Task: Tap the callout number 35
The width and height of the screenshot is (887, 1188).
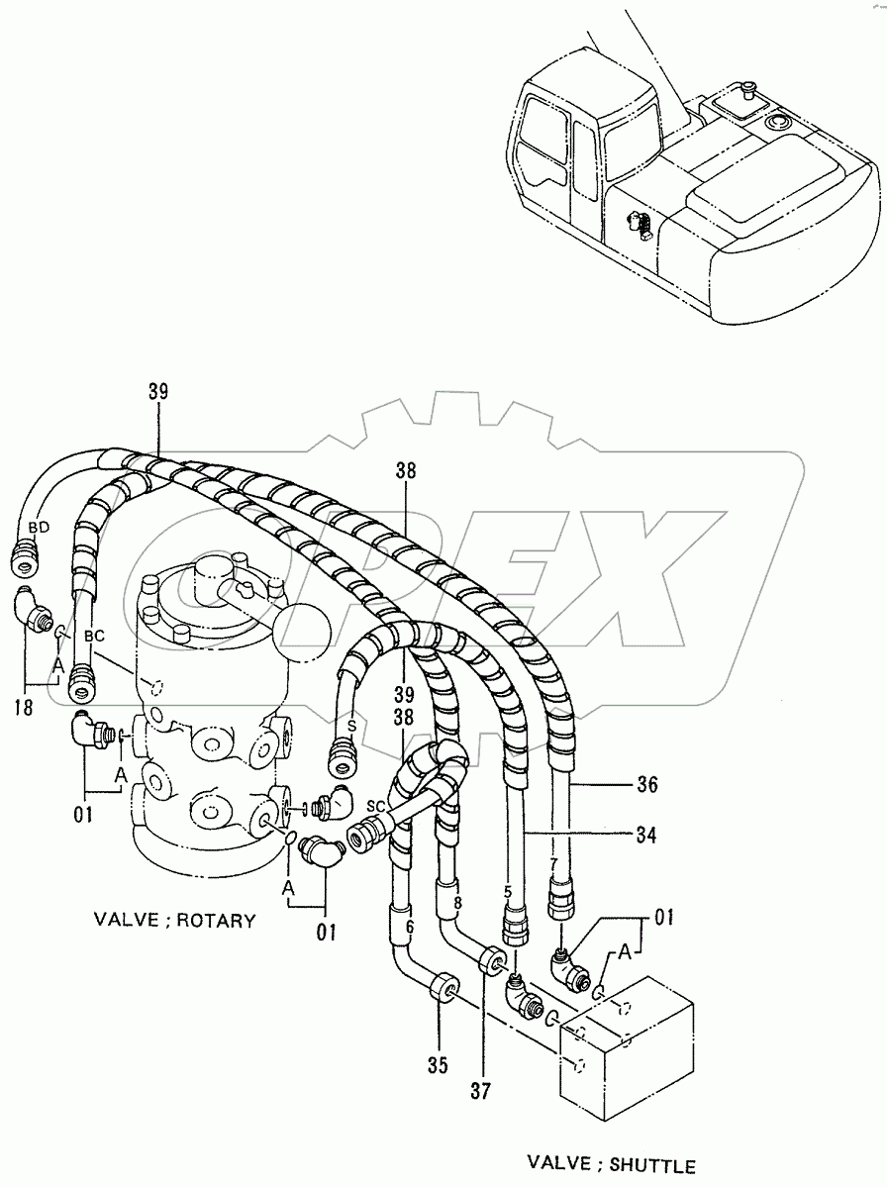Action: click(x=438, y=1065)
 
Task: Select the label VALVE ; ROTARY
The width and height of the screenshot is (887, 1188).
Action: click(x=174, y=920)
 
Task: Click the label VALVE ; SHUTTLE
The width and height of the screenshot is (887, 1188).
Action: click(x=611, y=1165)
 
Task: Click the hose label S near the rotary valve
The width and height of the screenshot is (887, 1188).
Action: click(x=350, y=724)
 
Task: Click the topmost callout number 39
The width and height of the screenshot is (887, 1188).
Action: click(x=158, y=392)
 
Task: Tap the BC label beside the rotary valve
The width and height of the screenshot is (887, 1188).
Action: click(x=93, y=637)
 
